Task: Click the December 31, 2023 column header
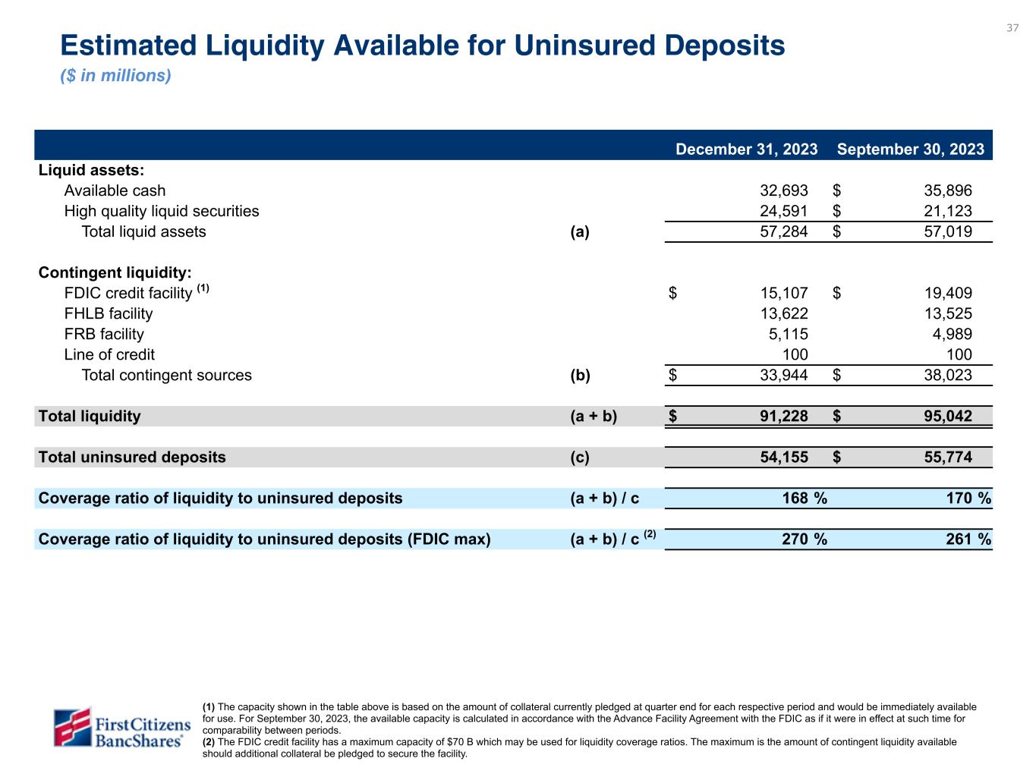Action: coord(746,149)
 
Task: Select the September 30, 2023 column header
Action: coord(910,149)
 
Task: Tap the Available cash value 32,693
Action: coord(784,190)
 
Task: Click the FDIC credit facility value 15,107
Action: coord(784,293)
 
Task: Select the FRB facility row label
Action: coord(104,334)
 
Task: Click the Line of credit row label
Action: coord(109,354)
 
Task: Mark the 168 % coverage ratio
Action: coord(804,498)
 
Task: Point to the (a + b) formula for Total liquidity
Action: coord(594,416)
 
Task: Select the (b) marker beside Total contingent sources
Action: coord(580,375)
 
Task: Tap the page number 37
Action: coord(1012,28)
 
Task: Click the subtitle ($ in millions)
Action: coord(115,76)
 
